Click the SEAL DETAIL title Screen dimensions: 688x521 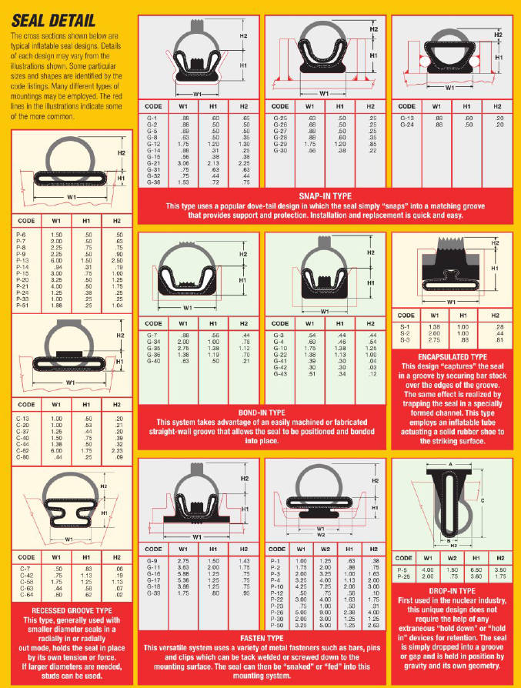point(53,19)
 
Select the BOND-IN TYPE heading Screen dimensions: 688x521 point(262,412)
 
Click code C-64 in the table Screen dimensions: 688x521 point(23,595)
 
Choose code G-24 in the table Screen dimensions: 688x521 point(405,124)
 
